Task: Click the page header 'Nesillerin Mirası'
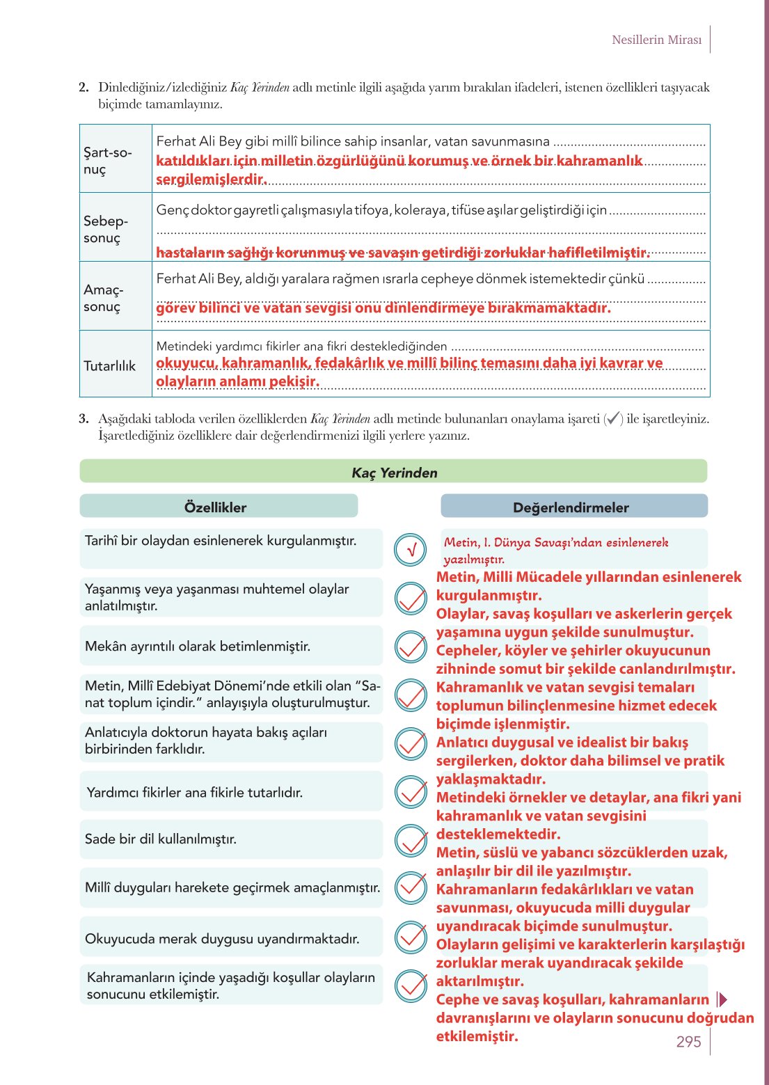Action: [656, 40]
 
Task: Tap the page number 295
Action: [688, 1041]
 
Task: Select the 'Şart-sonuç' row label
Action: [107, 161]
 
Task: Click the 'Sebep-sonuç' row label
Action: [106, 229]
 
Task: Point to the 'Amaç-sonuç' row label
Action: [103, 298]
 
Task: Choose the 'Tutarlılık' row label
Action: [109, 366]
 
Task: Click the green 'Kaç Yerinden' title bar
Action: [394, 473]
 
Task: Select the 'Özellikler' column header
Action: [215, 507]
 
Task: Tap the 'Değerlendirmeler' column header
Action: [571, 507]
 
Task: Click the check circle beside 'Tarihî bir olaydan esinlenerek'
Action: [411, 550]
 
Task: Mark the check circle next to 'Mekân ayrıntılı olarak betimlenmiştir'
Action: [411, 647]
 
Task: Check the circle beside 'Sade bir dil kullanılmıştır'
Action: [411, 840]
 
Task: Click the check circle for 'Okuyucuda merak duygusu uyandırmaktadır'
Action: [411, 937]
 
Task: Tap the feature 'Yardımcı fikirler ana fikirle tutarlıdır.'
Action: [195, 792]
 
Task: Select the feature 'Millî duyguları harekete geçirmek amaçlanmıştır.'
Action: [232, 887]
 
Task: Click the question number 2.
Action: [84, 88]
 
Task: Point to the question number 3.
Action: [84, 419]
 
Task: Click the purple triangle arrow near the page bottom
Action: [722, 999]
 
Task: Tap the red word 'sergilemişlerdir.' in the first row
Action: [211, 180]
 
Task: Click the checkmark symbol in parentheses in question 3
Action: [613, 419]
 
